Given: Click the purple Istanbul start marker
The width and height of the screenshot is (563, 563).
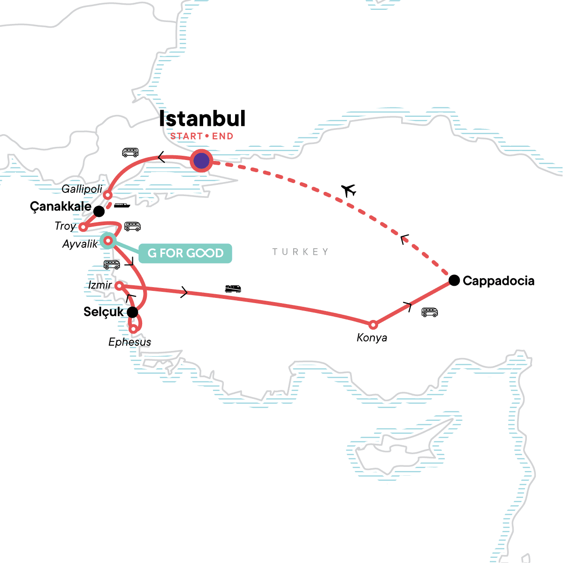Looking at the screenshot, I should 201,161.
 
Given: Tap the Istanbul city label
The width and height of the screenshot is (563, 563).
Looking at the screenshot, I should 202,119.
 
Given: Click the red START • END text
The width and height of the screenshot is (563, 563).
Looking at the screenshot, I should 202,136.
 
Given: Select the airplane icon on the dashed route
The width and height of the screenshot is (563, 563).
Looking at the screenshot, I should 349,190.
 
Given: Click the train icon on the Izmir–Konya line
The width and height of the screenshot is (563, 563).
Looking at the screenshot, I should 233,289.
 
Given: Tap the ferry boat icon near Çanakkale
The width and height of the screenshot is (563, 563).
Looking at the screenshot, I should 122,205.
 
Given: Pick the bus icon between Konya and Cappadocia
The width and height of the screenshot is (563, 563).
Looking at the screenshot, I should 429,312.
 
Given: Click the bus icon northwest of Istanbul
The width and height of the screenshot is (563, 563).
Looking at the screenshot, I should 130,152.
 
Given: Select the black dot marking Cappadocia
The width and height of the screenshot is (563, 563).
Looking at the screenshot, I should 454,281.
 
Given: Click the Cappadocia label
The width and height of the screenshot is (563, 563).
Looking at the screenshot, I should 498,281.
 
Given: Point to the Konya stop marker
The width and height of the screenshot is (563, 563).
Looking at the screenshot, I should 373,325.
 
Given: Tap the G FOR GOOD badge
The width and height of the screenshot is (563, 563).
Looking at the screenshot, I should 185,253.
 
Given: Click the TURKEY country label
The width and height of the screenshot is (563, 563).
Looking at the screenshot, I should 300,252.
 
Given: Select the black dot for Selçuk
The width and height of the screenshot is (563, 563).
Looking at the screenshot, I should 133,312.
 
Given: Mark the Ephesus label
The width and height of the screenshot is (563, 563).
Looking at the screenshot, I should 129,342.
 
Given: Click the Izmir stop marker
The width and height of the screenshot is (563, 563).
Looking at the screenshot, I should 119,285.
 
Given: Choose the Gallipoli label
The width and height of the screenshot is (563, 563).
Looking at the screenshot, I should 82,189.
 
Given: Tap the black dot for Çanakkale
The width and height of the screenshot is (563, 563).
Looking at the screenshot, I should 99,211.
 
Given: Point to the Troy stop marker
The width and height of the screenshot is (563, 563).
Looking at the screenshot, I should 83,227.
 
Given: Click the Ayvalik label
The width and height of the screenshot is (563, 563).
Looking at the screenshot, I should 80,244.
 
